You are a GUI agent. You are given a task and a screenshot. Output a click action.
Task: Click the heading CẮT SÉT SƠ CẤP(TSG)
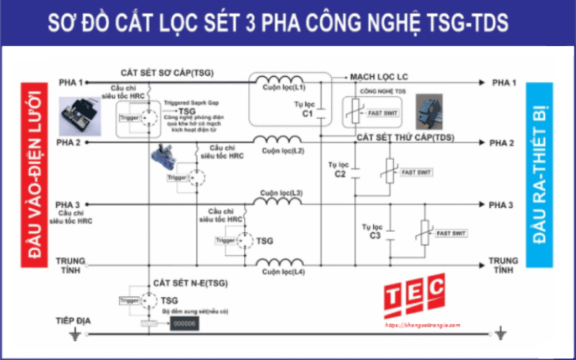click(167, 73)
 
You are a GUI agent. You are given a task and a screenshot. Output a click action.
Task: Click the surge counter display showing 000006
click(184, 325)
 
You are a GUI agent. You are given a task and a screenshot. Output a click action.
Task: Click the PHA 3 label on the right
click(502, 205)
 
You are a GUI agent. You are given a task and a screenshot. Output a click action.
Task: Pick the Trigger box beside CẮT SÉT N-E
click(129, 300)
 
